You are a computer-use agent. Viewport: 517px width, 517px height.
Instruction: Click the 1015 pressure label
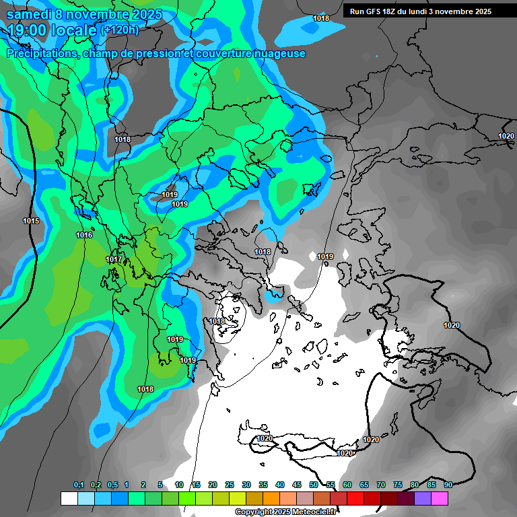30,221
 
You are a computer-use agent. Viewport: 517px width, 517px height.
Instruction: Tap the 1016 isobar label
84,235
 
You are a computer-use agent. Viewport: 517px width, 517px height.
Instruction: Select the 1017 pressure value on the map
114,259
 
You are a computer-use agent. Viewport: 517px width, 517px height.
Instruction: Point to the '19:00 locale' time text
53,30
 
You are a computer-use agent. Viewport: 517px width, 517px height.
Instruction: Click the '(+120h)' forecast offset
120,30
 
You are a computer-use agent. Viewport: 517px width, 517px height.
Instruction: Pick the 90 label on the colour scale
448,485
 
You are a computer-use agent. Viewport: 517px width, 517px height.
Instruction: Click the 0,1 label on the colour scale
78,485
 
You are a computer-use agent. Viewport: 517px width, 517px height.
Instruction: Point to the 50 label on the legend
314,485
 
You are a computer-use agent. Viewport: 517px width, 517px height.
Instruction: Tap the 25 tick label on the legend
230,485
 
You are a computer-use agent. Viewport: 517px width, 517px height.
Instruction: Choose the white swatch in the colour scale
69,498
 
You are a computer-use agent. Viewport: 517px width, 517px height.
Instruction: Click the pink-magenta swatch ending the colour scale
440,498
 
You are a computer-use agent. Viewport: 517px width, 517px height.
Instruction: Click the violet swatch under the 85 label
423,498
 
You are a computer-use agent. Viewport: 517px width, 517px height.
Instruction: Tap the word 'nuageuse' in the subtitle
281,54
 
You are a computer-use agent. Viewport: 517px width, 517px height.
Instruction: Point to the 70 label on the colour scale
381,485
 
